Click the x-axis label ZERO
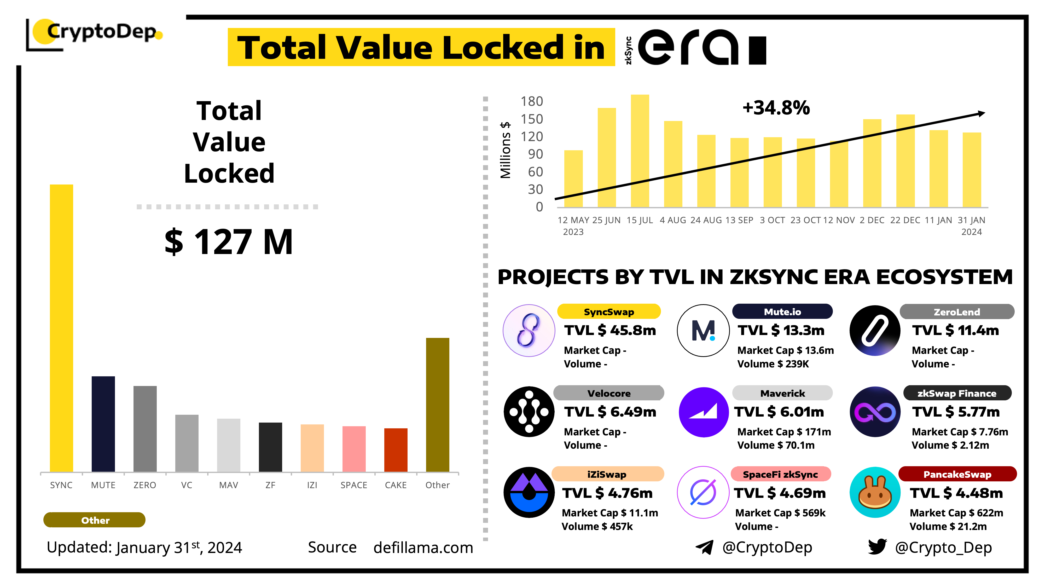145,485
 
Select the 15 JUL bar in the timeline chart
640,151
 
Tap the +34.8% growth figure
776,108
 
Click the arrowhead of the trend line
982,114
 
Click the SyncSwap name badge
608,312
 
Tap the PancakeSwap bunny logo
875,492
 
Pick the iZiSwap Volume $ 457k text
597,526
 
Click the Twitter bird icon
877,547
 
